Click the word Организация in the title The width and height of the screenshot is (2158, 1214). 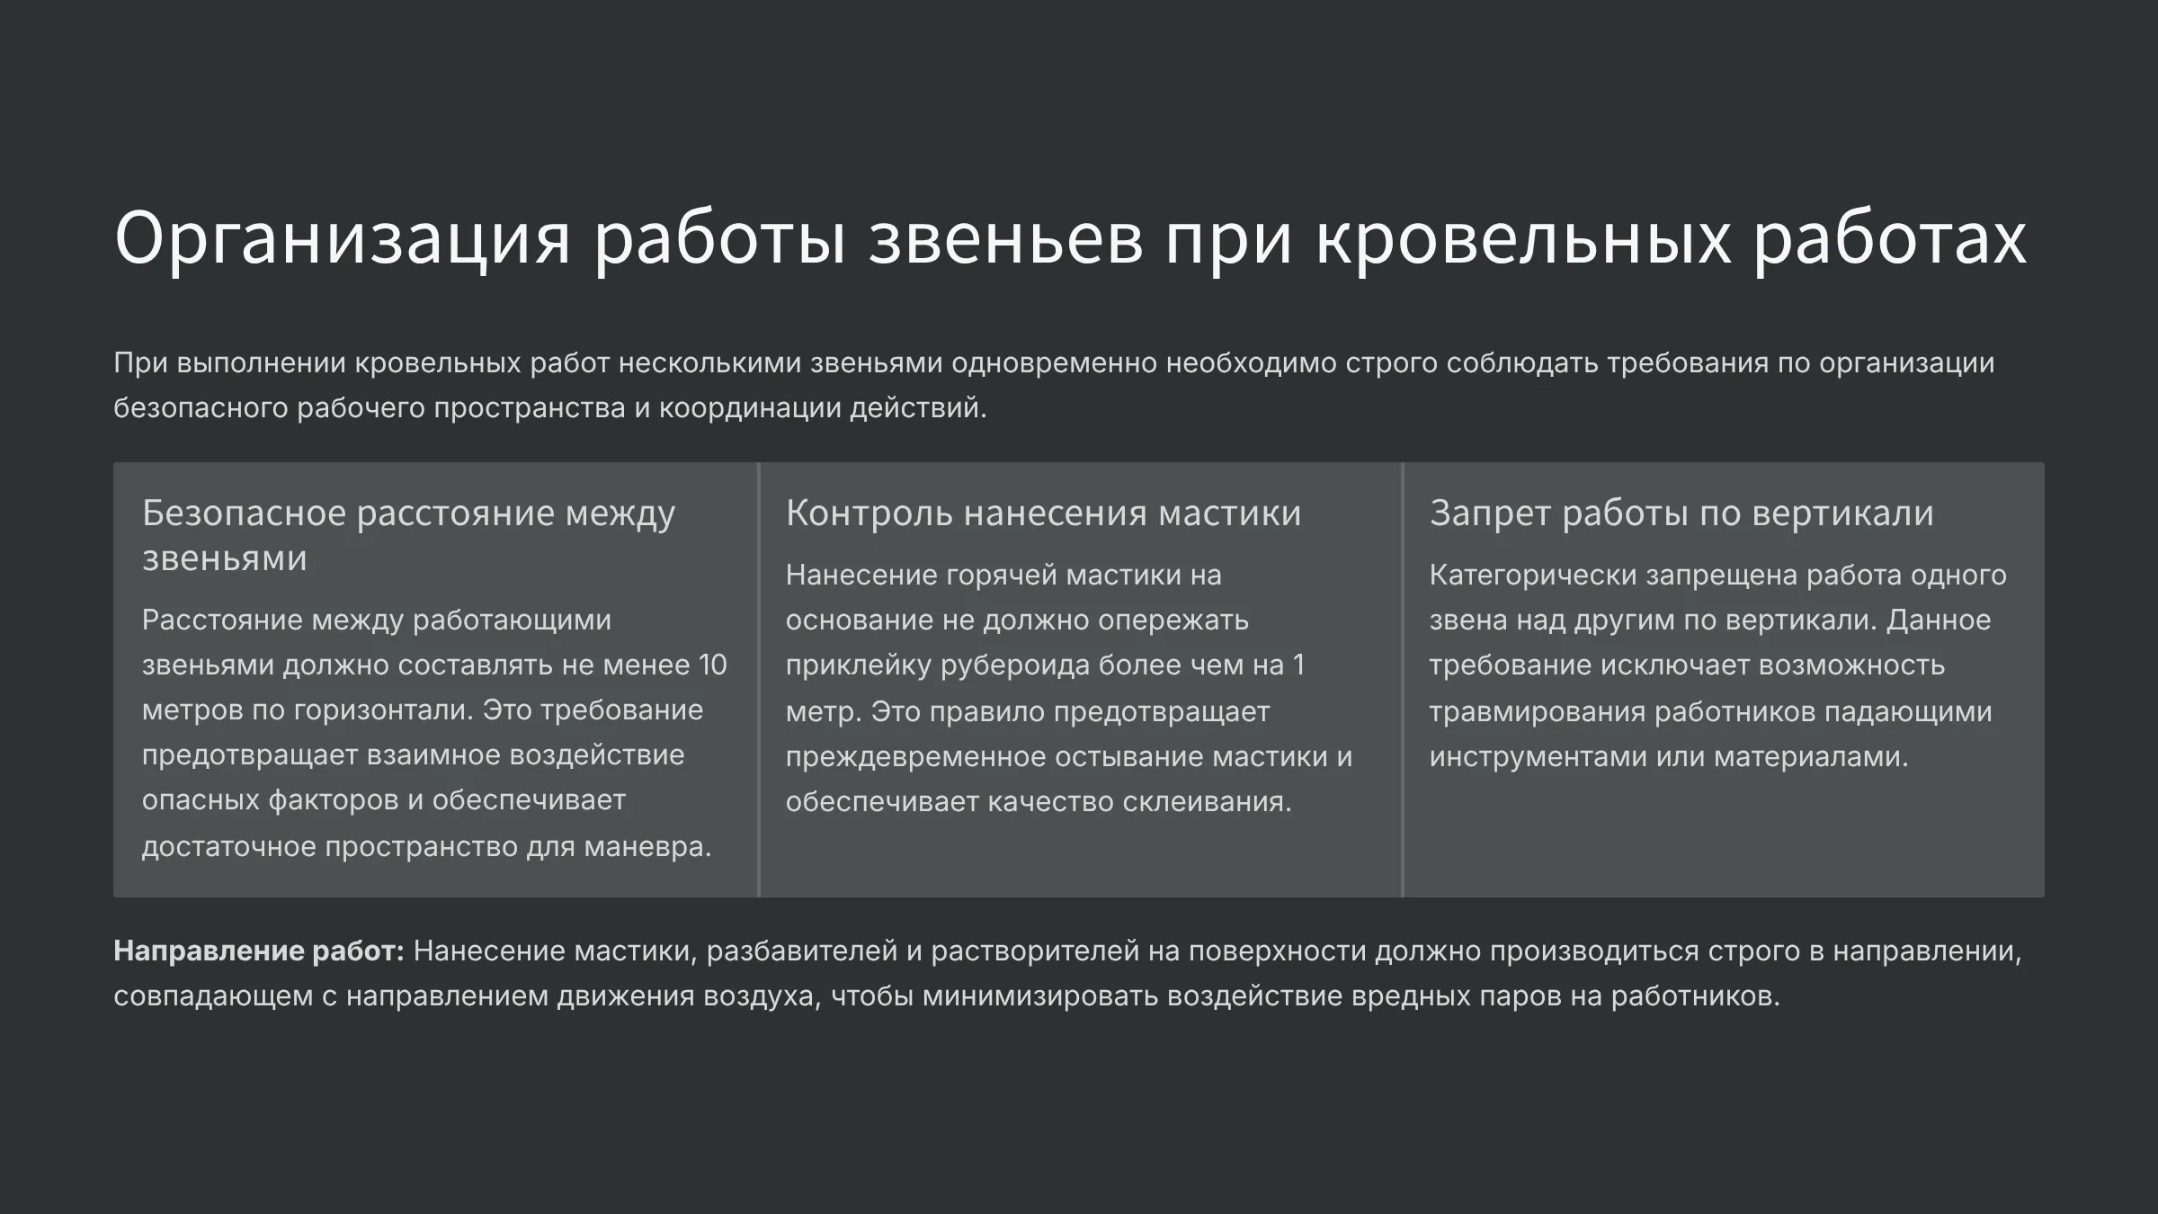click(x=343, y=239)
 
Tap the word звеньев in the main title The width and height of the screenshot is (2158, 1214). click(x=1004, y=239)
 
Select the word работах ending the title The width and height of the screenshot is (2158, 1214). click(x=1888, y=239)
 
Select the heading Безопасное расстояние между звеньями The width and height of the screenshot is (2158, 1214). click(x=408, y=535)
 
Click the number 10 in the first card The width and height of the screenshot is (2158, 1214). click(x=712, y=665)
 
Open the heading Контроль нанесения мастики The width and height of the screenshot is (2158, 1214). click(x=1043, y=513)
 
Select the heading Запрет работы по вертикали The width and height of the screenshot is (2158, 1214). click(x=1681, y=513)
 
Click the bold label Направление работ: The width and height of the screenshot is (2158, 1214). click(x=259, y=951)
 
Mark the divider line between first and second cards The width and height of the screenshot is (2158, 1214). click(x=759, y=680)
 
